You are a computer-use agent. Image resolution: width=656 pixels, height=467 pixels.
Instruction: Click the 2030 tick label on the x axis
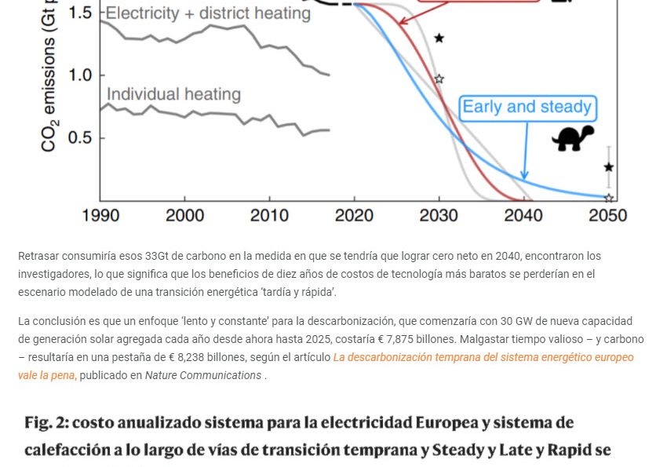point(439,215)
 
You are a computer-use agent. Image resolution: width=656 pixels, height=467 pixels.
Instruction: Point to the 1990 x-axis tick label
point(100,215)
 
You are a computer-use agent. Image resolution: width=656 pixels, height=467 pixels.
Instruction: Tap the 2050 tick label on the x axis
point(608,215)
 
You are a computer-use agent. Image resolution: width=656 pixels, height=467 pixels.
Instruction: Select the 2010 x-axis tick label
point(269,215)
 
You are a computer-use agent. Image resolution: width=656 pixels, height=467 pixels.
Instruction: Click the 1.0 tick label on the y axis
point(81,75)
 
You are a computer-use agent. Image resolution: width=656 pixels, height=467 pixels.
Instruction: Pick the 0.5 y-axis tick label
point(81,137)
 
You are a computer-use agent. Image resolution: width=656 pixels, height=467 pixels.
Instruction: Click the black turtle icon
point(573,138)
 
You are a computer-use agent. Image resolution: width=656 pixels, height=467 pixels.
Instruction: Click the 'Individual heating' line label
point(173,94)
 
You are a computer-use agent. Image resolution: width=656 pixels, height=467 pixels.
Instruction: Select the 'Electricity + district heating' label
point(208,13)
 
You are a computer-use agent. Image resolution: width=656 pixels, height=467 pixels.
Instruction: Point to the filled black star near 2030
point(439,38)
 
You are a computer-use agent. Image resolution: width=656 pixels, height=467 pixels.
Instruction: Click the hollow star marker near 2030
point(439,78)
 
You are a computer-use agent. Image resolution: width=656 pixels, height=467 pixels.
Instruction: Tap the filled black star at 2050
point(609,167)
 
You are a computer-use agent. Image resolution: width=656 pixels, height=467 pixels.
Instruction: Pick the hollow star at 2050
point(609,198)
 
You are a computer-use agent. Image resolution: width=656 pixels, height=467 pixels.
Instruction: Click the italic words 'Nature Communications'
point(203,375)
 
